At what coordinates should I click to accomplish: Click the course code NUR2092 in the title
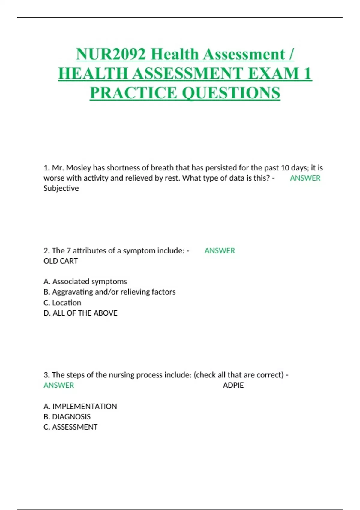(111, 54)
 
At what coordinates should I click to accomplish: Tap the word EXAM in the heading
(274, 73)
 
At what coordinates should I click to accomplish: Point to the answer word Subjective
(61, 188)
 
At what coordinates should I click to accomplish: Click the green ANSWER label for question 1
(305, 178)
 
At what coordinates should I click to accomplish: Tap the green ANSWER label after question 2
(220, 251)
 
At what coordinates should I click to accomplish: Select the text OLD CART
(61, 261)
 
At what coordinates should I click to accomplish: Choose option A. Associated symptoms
(85, 281)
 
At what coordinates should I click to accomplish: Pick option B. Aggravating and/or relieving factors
(109, 292)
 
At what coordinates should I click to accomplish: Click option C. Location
(62, 303)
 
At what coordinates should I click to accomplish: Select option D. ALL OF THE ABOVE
(80, 313)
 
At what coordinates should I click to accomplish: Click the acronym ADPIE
(233, 385)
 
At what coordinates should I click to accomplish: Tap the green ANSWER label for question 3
(59, 385)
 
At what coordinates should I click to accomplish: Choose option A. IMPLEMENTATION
(80, 406)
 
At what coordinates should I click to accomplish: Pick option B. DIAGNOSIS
(67, 417)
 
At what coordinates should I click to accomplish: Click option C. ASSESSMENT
(70, 427)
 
